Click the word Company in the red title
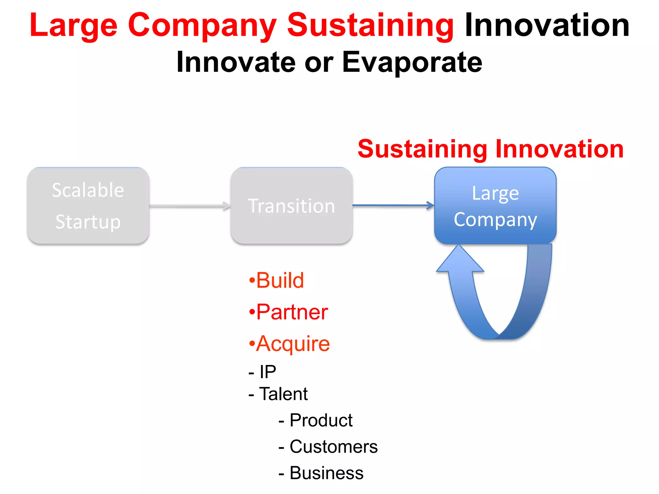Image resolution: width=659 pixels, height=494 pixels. (202, 26)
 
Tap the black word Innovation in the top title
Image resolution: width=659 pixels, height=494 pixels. (547, 26)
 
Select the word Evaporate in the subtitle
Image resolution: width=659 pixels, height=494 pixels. (412, 62)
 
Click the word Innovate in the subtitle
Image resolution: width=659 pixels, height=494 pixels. (236, 62)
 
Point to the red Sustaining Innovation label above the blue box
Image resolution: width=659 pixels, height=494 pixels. (490, 149)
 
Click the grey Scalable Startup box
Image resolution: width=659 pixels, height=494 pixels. (88, 206)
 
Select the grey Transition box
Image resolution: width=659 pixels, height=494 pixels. (292, 206)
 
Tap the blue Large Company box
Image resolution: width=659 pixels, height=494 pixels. (495, 206)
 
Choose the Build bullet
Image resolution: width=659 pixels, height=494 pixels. (277, 280)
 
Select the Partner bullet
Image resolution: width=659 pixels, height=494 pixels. (289, 312)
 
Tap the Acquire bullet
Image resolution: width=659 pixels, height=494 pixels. (290, 344)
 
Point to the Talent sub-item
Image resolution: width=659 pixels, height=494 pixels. (279, 394)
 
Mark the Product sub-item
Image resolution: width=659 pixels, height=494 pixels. (316, 420)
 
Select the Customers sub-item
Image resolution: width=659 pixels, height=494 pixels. (328, 447)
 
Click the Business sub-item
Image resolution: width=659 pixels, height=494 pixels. (321, 473)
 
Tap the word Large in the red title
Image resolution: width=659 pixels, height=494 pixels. (73, 26)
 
